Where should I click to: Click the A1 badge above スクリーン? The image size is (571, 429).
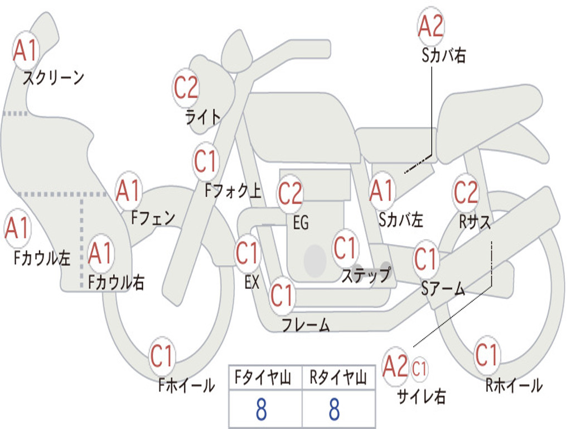(26, 50)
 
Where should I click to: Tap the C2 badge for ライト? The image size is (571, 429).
(186, 88)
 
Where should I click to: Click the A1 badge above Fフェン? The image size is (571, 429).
(129, 190)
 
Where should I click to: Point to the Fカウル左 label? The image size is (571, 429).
(42, 258)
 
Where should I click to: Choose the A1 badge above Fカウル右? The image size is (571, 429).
(100, 253)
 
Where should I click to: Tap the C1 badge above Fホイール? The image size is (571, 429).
(162, 356)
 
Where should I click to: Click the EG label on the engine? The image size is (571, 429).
(301, 222)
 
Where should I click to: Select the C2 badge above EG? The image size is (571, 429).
(290, 193)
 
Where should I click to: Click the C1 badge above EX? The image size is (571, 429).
(248, 253)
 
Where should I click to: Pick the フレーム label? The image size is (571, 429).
(306, 325)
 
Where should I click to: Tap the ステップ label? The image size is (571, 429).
(366, 275)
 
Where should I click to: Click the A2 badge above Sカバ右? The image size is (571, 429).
(431, 26)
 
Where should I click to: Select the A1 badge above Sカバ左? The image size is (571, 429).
(382, 191)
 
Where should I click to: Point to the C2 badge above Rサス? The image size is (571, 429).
(466, 192)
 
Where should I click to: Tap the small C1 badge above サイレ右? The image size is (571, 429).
(419, 369)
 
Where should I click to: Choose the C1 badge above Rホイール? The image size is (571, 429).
(486, 355)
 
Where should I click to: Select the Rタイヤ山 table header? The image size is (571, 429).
(338, 377)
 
